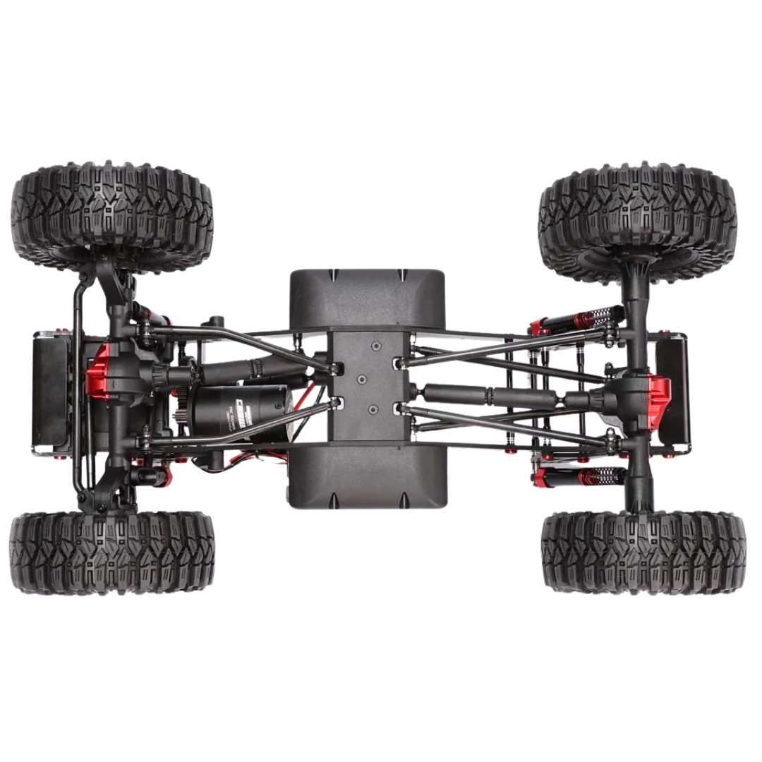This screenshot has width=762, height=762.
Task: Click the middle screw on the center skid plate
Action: [x=363, y=378]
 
